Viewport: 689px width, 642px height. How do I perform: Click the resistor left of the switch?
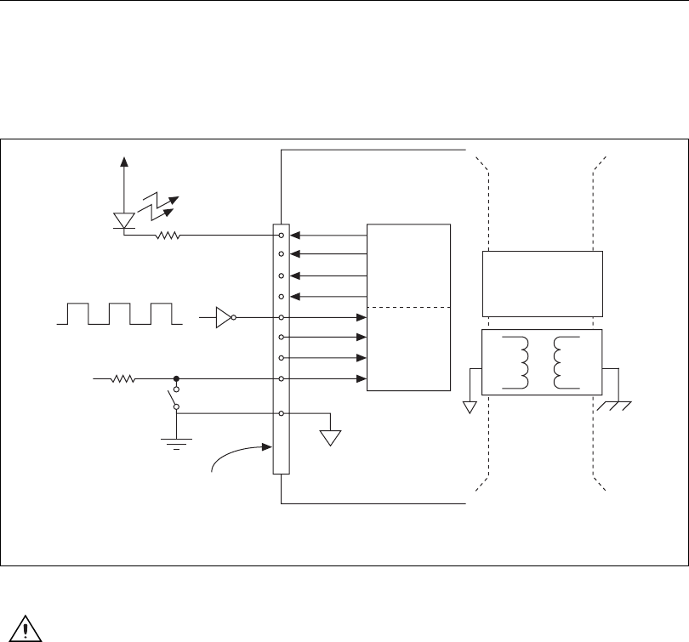[124, 379]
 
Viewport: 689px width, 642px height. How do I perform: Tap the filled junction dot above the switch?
[176, 379]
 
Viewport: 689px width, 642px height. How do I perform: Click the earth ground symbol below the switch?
[176, 441]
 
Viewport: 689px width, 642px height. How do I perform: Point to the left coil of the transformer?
[517, 362]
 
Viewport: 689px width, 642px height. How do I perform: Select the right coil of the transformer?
[561, 362]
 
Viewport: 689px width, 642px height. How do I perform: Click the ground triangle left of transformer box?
[470, 407]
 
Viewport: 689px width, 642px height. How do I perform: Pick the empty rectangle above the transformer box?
[543, 283]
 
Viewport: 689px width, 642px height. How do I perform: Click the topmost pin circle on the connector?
[282, 235]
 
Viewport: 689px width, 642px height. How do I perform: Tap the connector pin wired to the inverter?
[282, 318]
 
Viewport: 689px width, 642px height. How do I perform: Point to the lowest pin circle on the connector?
[282, 413]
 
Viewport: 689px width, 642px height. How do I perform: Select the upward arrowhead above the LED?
[125, 162]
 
